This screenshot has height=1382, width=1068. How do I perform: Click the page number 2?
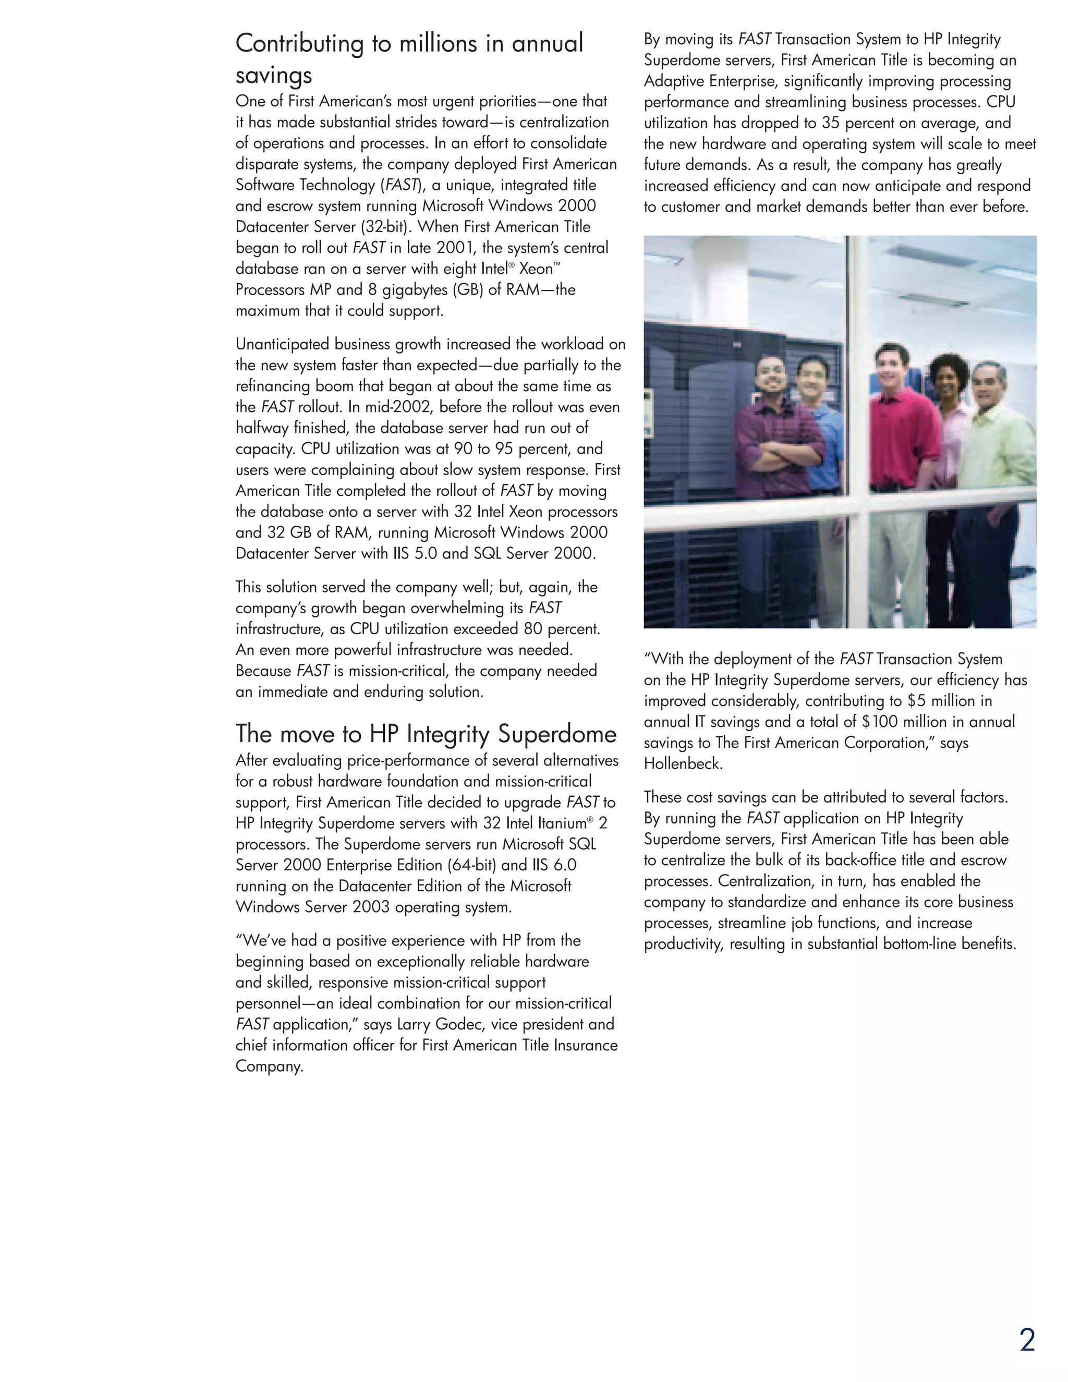coord(1027,1340)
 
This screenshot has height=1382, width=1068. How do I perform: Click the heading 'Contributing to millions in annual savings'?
coord(409,58)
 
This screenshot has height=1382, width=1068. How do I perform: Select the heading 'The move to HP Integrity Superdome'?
coord(426,734)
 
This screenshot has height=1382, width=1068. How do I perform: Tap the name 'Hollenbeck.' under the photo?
coord(683,764)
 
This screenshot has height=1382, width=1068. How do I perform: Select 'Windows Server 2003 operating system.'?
coord(373,907)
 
